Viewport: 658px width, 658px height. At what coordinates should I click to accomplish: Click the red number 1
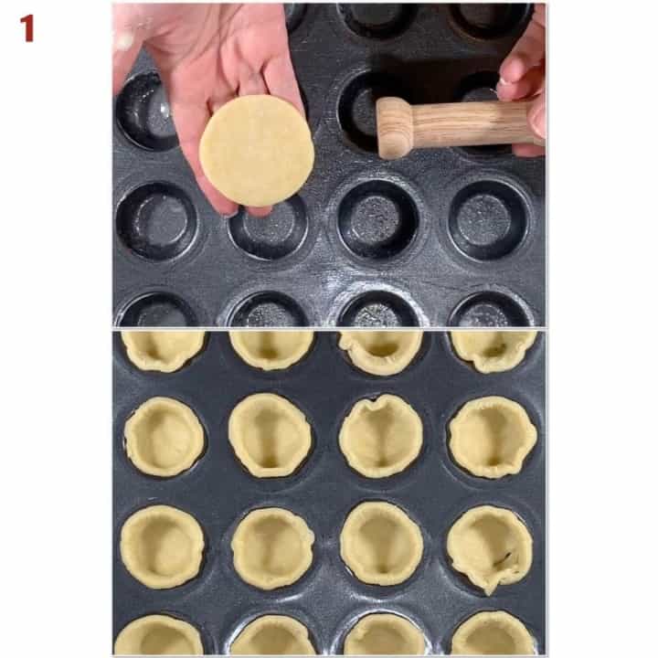pyautogui.click(x=27, y=28)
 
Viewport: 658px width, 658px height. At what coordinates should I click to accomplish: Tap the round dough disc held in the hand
pyautogui.click(x=257, y=151)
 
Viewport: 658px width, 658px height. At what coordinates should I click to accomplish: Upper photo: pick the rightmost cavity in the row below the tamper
pyautogui.click(x=489, y=220)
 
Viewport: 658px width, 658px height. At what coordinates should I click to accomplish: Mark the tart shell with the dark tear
pyautogui.click(x=491, y=547)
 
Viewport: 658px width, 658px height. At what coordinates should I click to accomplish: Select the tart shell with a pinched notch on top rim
pyautogui.click(x=381, y=436)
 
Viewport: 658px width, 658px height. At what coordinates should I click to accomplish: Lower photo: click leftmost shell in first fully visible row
pyautogui.click(x=164, y=437)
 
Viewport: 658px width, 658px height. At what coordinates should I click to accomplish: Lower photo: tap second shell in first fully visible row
pyautogui.click(x=271, y=435)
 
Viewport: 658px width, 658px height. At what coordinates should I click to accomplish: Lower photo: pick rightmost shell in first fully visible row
pyautogui.click(x=492, y=437)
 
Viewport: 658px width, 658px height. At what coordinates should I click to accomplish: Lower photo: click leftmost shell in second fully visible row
pyautogui.click(x=162, y=546)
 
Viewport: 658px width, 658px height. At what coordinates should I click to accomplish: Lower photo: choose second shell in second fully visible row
pyautogui.click(x=272, y=547)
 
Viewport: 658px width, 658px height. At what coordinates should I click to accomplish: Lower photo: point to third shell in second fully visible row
pyautogui.click(x=381, y=543)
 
